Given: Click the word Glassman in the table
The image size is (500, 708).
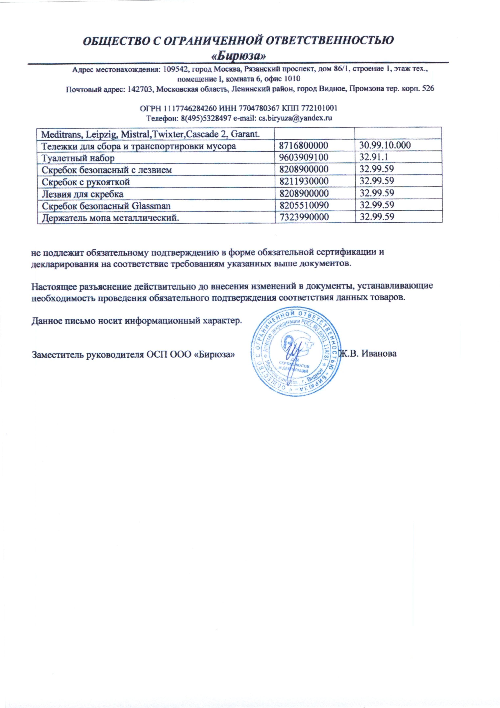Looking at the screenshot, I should tap(151, 206).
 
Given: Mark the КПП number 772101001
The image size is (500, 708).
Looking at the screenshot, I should tap(320, 108).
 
